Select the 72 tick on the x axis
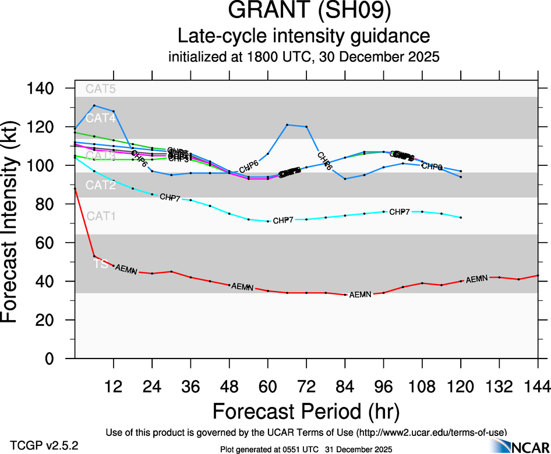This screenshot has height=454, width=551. [x=306, y=386]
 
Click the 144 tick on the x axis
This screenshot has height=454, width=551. [x=538, y=386]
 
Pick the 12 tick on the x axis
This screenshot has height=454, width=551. [x=114, y=386]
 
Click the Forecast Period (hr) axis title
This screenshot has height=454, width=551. [x=306, y=411]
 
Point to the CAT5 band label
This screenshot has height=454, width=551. [x=101, y=89]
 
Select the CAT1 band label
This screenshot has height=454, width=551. [x=101, y=217]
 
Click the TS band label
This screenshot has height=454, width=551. [x=101, y=264]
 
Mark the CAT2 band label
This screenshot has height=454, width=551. [x=101, y=186]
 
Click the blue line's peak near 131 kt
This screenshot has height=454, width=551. [x=94, y=105]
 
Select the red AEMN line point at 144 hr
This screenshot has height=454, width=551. [x=538, y=275]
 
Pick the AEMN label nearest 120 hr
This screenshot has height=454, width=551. [x=476, y=279]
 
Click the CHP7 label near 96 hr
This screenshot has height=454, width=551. [x=400, y=212]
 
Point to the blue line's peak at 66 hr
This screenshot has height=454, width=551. [x=287, y=125]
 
